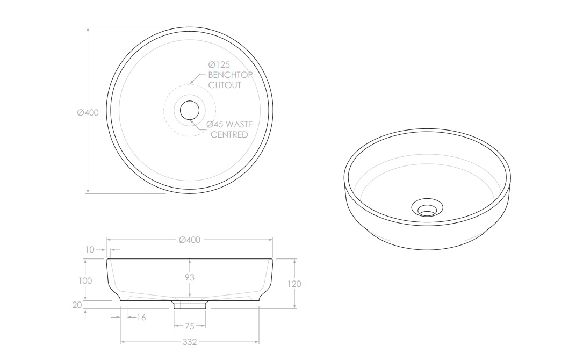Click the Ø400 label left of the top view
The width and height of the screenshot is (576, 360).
(88, 112)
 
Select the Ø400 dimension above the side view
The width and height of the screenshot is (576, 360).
(189, 240)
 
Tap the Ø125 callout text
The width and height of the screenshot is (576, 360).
(219, 64)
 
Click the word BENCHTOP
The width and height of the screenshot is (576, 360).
(230, 75)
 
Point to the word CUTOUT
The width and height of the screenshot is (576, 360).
(225, 85)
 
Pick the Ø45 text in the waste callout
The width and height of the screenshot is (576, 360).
(217, 125)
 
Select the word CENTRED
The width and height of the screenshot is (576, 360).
(229, 134)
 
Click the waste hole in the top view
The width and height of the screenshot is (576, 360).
(190, 110)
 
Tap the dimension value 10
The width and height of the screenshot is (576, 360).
(89, 249)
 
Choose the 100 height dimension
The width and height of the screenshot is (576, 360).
(85, 280)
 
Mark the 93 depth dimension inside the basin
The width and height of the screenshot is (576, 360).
(189, 278)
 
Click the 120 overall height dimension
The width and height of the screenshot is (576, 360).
(295, 284)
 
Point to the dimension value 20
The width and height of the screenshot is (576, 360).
(77, 305)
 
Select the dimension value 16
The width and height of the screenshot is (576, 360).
(140, 318)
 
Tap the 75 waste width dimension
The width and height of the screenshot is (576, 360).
(189, 326)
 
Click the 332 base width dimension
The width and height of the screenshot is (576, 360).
(189, 342)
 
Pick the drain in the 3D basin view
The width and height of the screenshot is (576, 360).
(427, 208)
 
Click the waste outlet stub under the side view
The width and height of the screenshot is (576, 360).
(189, 305)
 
